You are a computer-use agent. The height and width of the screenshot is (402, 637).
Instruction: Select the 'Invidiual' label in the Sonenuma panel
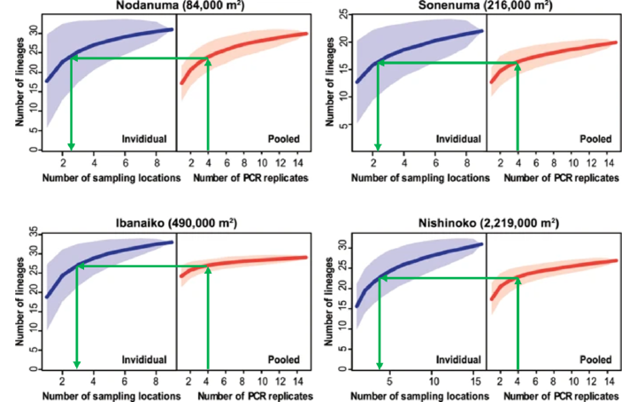[x=458, y=139]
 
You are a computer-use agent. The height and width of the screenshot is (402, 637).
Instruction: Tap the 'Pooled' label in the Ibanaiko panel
[x=283, y=357]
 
